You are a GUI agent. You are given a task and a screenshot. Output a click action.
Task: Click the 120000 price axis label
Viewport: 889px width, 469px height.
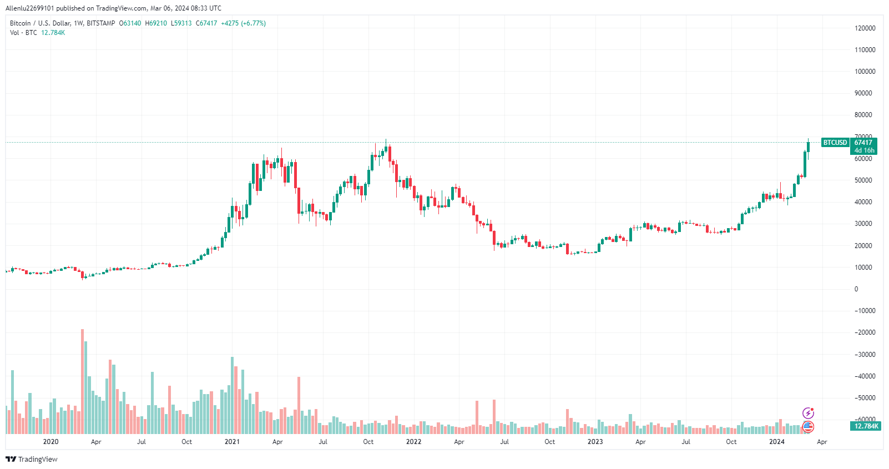click(865, 28)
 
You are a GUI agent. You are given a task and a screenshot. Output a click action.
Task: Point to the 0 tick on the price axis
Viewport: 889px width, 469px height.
click(856, 289)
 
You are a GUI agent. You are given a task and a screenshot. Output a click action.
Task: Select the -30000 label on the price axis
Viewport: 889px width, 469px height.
click(863, 355)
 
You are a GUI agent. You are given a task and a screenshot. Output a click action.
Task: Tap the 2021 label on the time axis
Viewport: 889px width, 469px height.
click(232, 442)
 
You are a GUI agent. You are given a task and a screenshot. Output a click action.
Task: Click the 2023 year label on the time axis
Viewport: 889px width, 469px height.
click(595, 442)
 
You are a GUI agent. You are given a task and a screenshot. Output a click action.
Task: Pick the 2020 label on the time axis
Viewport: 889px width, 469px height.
click(51, 442)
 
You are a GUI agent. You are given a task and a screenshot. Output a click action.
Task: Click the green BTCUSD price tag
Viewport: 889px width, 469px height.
click(835, 143)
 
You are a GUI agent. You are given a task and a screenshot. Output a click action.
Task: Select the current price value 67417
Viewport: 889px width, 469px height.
click(863, 143)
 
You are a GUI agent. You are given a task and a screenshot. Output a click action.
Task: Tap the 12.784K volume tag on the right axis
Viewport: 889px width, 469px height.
click(863, 426)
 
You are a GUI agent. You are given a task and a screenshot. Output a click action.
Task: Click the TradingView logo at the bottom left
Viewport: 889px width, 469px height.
click(31, 459)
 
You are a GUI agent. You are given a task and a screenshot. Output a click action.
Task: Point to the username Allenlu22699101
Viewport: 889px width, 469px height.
click(30, 8)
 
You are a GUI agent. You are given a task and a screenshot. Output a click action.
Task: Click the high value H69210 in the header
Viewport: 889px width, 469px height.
click(155, 23)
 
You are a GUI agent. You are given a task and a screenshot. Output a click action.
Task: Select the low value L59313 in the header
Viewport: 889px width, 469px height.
click(181, 23)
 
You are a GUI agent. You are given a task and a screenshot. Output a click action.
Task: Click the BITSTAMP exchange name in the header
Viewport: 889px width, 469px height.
click(101, 23)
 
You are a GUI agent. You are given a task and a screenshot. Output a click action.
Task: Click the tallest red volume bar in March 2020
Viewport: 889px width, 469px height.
click(83, 381)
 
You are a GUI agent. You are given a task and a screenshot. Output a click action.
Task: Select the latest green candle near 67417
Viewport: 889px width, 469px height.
click(808, 147)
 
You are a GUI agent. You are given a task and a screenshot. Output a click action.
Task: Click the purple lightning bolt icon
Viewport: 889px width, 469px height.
click(808, 413)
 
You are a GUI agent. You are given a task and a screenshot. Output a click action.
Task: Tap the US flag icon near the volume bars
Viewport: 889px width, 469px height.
click(808, 427)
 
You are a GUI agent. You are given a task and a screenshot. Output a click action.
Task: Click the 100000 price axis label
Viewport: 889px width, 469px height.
click(865, 72)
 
